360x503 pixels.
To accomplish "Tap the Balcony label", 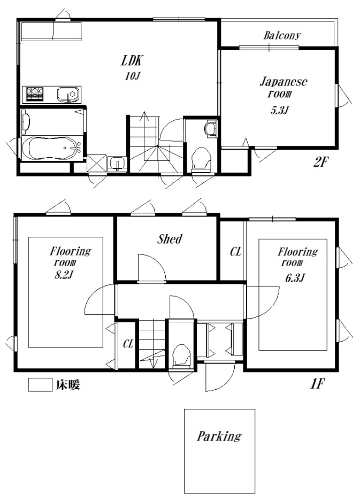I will coord(282,36).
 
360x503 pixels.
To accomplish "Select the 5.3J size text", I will coord(279,112).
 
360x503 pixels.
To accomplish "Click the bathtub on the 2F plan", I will coord(51,146).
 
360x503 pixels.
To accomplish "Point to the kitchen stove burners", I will coord(34,95).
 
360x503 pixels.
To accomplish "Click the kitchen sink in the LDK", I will coord(68,95).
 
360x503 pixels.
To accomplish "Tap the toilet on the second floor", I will coord(201,158).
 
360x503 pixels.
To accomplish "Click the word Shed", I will coord(170,239).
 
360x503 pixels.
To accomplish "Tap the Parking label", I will coord(219,436).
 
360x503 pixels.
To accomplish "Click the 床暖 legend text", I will coord(66,385).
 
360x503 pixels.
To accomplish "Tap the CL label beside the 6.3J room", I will coord(235,252).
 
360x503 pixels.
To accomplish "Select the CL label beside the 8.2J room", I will coord(128,344).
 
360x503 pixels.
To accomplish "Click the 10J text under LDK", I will coord(132,76).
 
